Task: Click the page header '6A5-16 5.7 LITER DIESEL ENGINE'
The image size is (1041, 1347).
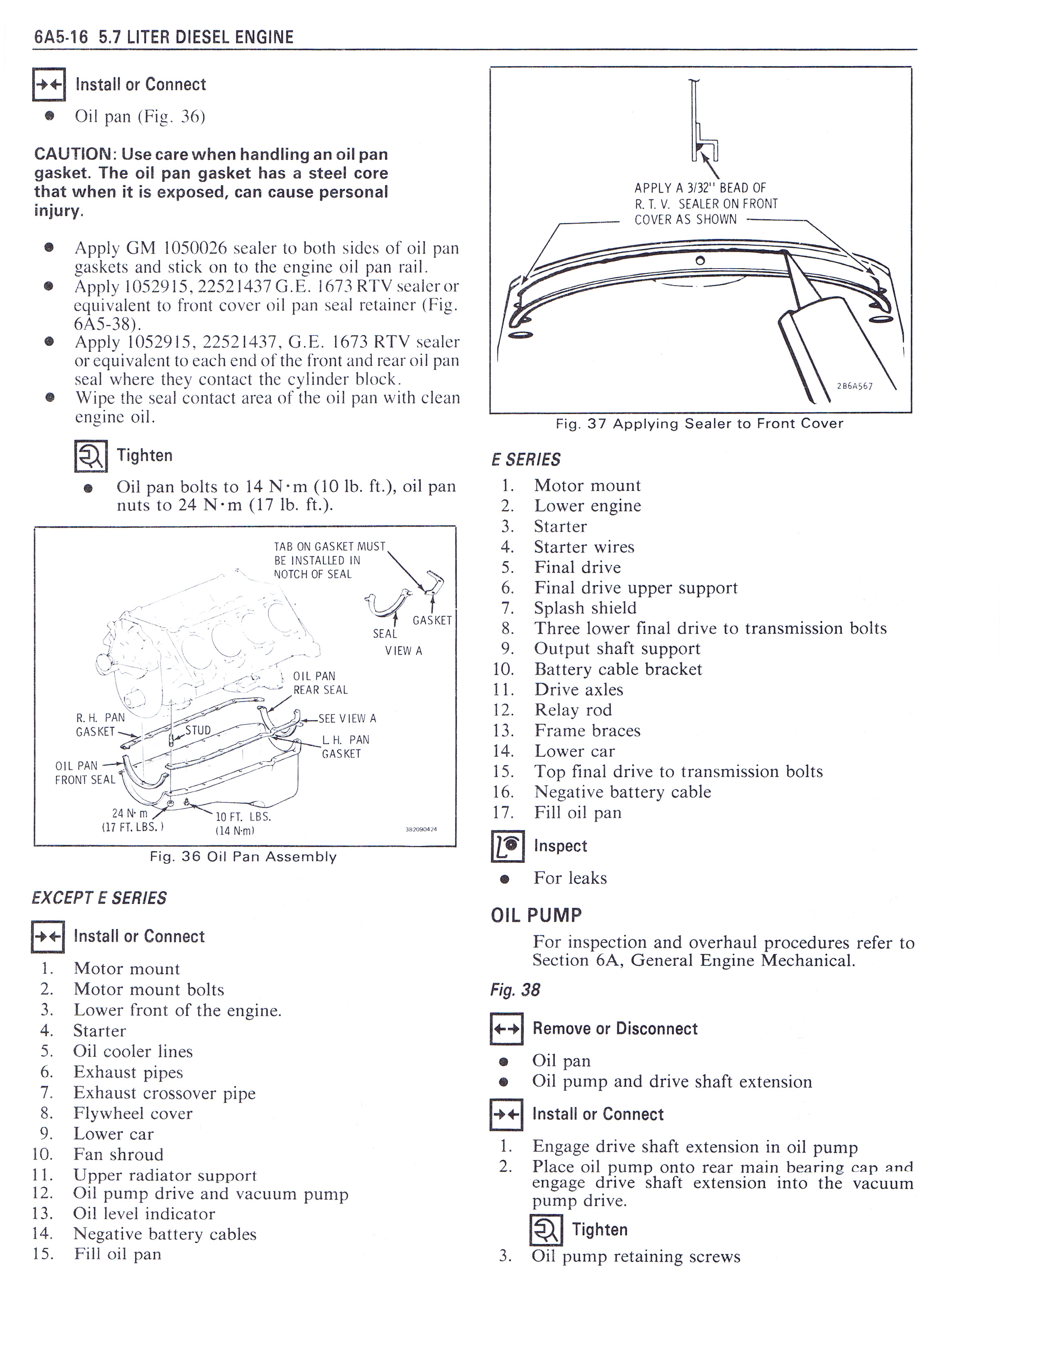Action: [x=163, y=37]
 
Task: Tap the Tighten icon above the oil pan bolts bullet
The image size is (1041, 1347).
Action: [x=91, y=456]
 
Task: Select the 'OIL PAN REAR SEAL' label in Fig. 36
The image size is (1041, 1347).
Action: [x=320, y=683]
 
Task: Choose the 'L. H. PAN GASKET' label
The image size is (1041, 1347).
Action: [x=345, y=746]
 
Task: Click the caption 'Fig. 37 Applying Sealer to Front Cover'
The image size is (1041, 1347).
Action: [x=699, y=424]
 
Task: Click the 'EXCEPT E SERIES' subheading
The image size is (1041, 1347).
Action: [x=99, y=898]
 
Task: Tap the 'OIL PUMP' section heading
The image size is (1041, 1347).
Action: [x=536, y=915]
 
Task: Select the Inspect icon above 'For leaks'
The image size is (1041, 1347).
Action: [x=507, y=846]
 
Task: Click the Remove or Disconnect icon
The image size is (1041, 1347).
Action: [x=506, y=1029]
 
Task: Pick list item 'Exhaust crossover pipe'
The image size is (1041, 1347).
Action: [x=164, y=1093]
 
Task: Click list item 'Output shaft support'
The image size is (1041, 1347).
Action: [x=617, y=649]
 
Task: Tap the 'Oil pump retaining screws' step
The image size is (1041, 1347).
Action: [x=635, y=1256]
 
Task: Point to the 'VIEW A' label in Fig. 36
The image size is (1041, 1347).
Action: [x=403, y=651]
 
